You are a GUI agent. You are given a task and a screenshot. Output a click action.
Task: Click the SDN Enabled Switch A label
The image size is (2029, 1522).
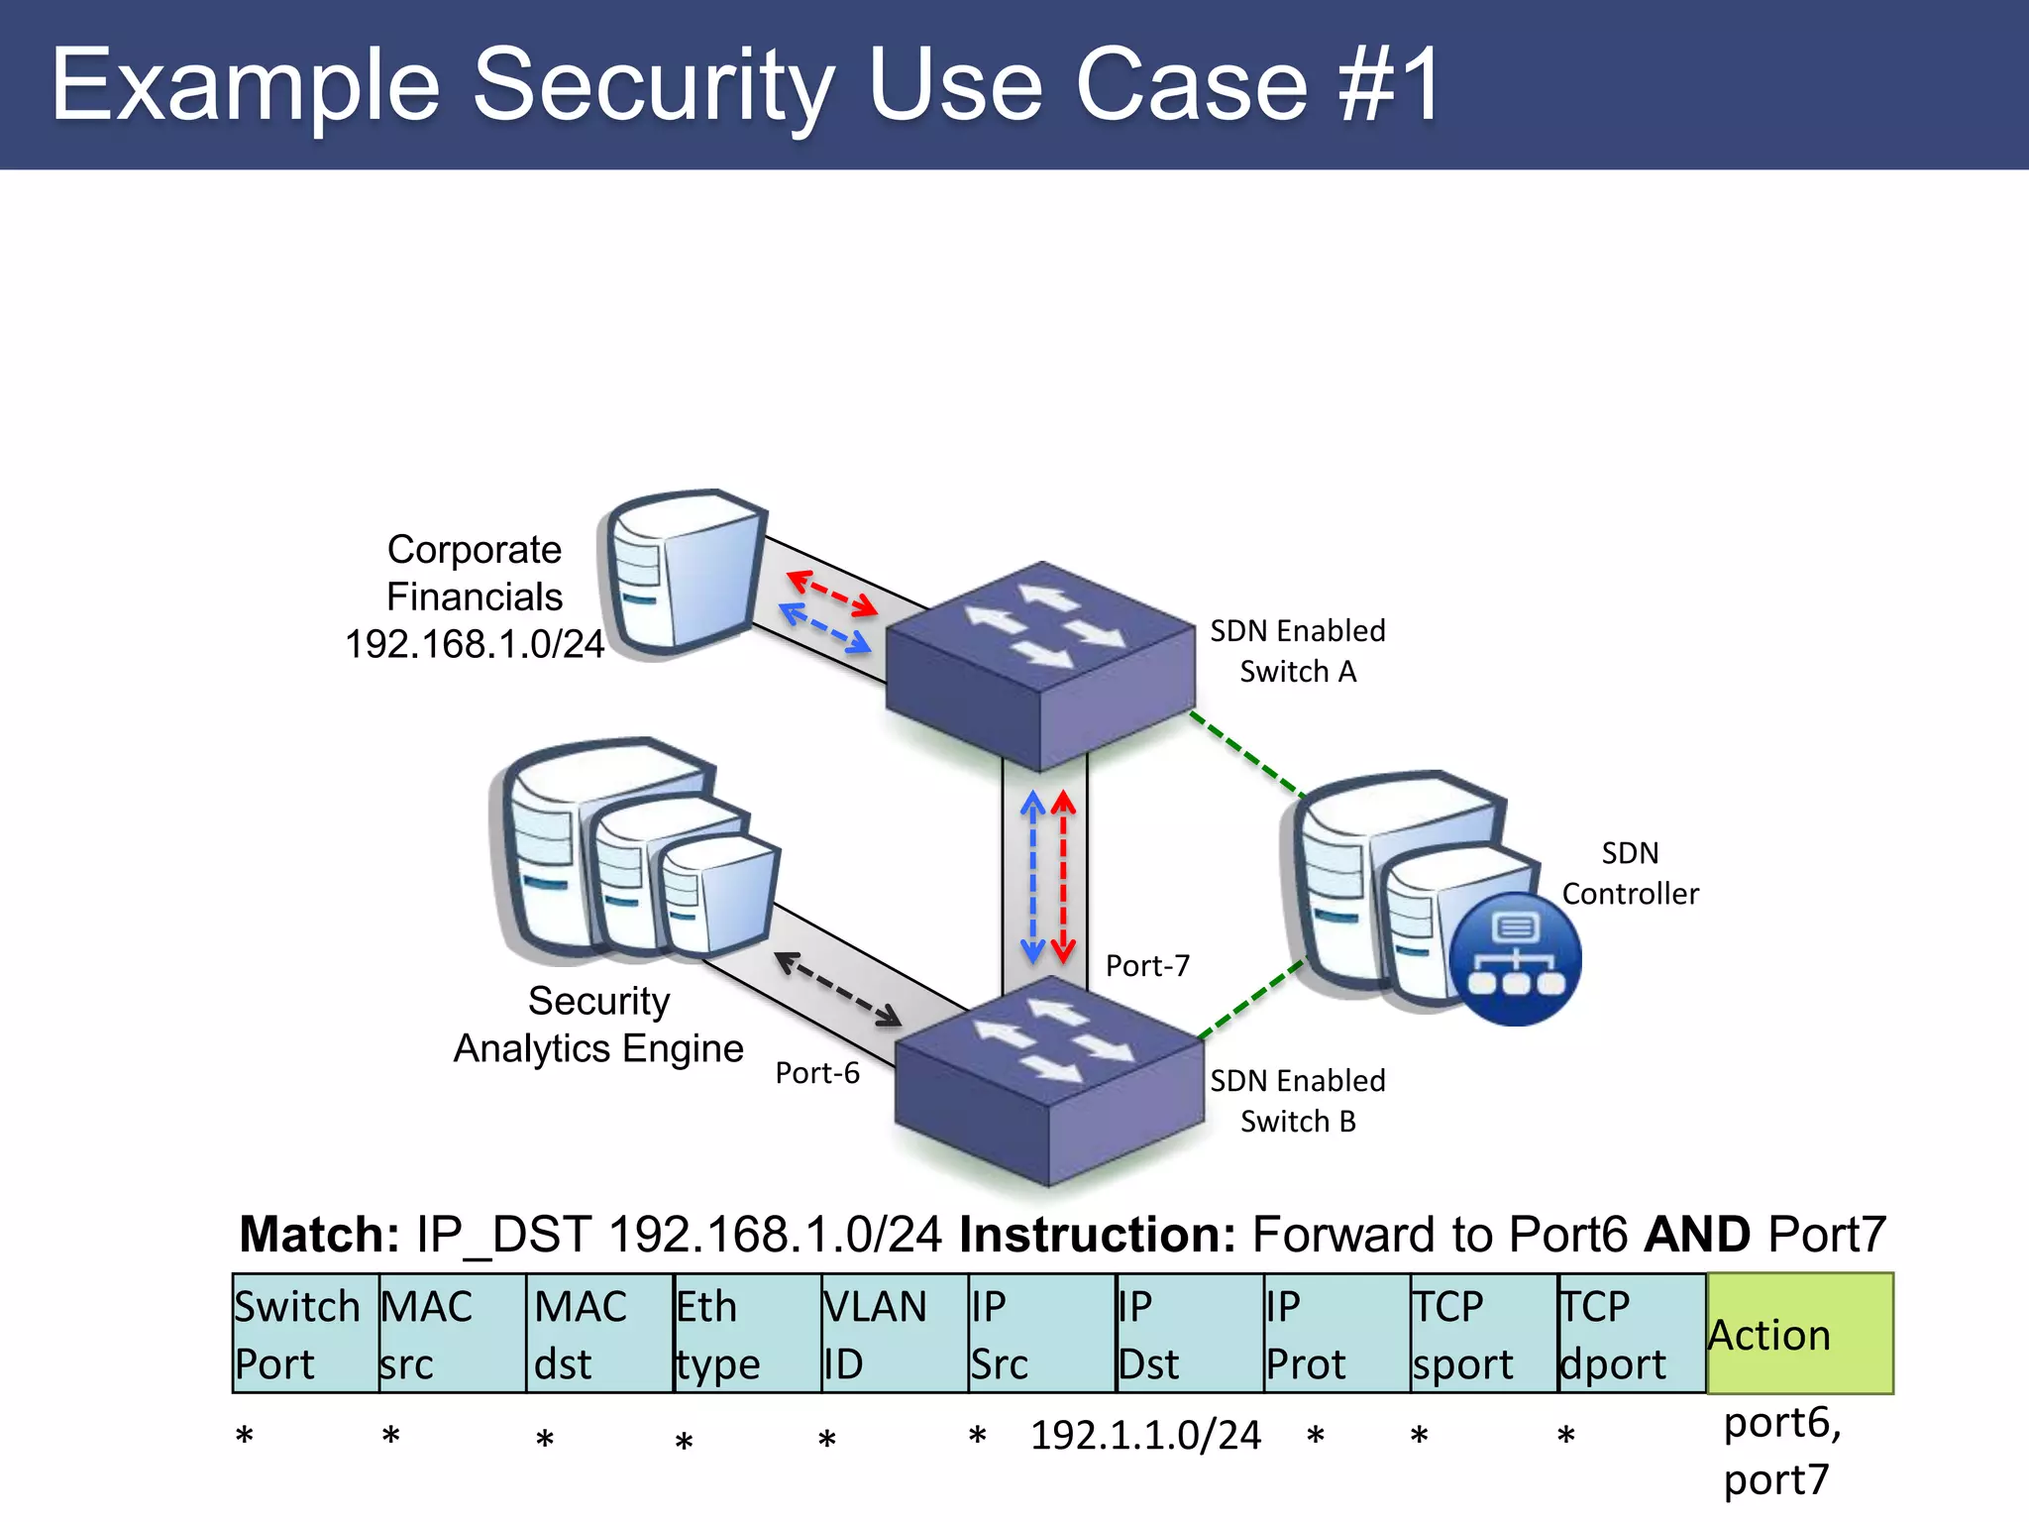1297,651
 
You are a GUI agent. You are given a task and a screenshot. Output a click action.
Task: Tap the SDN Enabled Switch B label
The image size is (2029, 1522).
1297,1101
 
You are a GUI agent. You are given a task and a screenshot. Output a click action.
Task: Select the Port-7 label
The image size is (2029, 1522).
1146,966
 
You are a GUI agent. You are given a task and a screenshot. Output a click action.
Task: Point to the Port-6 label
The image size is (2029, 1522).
816,1073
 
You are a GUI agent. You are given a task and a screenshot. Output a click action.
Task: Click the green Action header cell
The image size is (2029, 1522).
1799,1334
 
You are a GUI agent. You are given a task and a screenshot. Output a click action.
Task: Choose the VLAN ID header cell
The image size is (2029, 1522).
894,1334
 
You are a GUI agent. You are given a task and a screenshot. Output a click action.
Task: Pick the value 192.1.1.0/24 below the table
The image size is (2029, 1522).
1145,1436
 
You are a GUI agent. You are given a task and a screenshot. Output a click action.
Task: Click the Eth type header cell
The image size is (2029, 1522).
747,1334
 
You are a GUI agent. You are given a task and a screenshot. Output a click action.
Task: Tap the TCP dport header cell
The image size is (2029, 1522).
1631,1334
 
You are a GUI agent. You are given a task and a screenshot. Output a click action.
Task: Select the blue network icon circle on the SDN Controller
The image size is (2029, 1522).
1515,958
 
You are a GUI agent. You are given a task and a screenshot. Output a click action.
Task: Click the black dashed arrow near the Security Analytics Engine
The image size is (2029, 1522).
837,989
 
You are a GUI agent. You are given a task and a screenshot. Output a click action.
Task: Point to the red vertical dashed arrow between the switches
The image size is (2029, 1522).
1063,877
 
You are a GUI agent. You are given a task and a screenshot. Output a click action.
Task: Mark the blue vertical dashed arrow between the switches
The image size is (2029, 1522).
1032,877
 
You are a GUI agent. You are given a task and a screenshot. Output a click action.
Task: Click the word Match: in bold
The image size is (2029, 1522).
319,1235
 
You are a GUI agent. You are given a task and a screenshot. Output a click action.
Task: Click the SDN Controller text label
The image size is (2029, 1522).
1630,873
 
